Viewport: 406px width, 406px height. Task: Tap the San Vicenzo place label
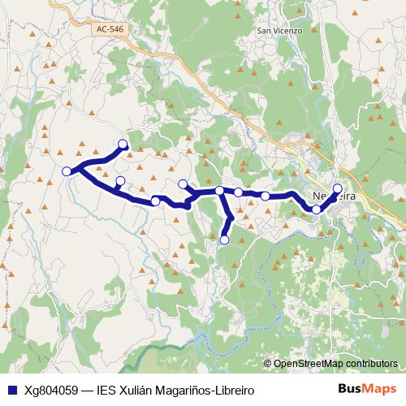279,31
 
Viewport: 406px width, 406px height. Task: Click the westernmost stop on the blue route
67,171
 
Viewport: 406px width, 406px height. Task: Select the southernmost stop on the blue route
224,240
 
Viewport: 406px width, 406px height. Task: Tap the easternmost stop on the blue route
338,188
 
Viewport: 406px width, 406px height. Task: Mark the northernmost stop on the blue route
123,145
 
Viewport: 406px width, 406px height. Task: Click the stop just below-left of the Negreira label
317,209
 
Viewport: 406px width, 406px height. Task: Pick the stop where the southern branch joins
220,191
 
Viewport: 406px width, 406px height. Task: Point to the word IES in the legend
107,390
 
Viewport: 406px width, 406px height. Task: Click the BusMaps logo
368,389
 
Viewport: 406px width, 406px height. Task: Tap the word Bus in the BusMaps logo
350,389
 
